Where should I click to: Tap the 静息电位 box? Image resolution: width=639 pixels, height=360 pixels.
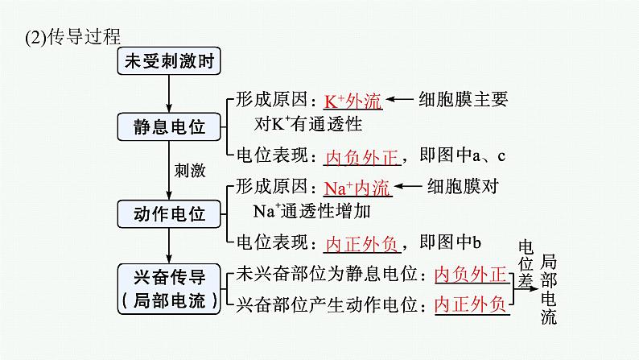(168, 126)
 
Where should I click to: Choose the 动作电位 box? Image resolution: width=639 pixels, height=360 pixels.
(168, 214)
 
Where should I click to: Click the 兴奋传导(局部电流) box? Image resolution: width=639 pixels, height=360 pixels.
(168, 289)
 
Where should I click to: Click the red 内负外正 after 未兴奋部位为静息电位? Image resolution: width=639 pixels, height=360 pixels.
(471, 275)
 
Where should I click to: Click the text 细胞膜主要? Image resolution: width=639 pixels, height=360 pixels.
(464, 100)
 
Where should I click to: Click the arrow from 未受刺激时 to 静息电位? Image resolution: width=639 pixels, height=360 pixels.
(168, 94)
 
